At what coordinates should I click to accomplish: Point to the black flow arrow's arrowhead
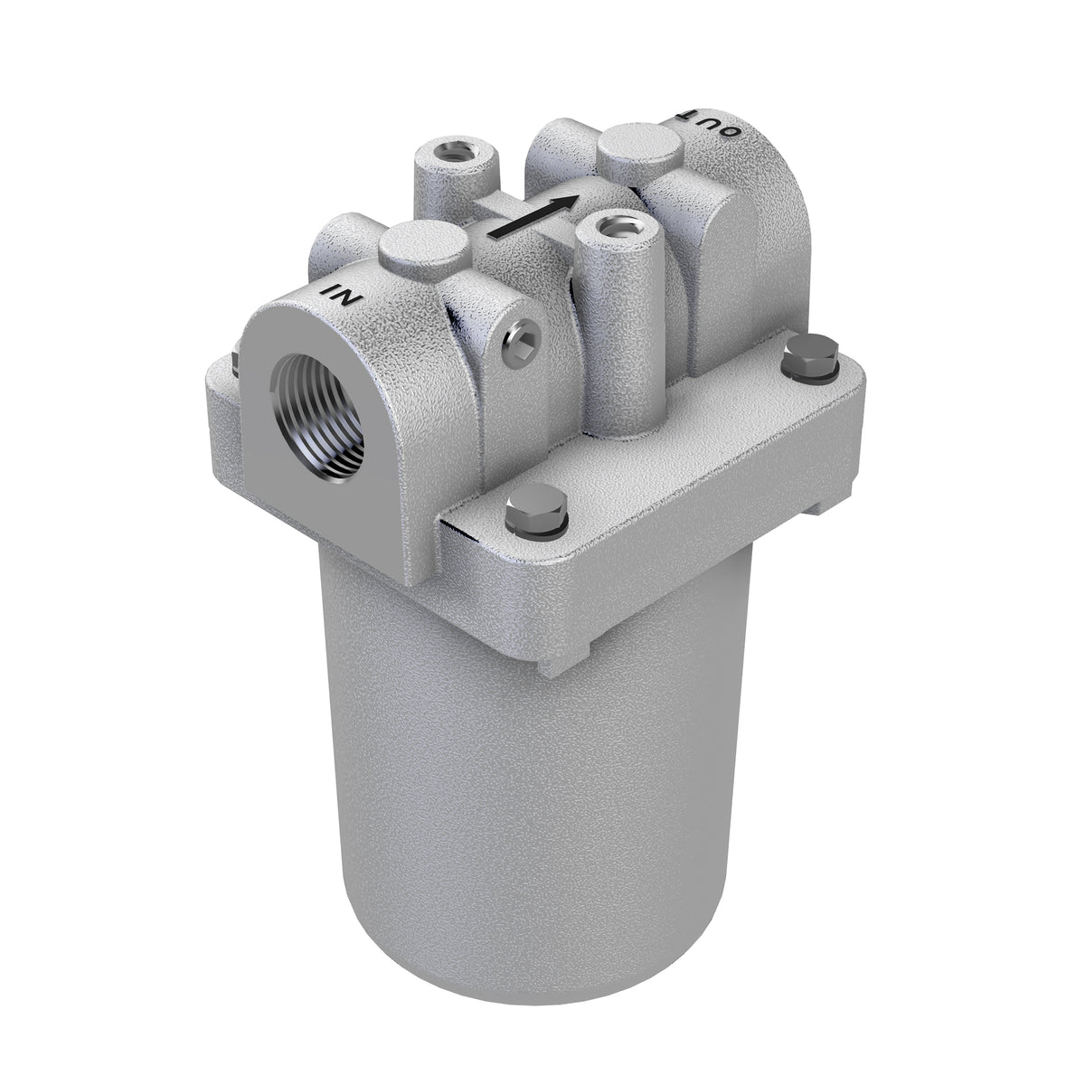point(567,202)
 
